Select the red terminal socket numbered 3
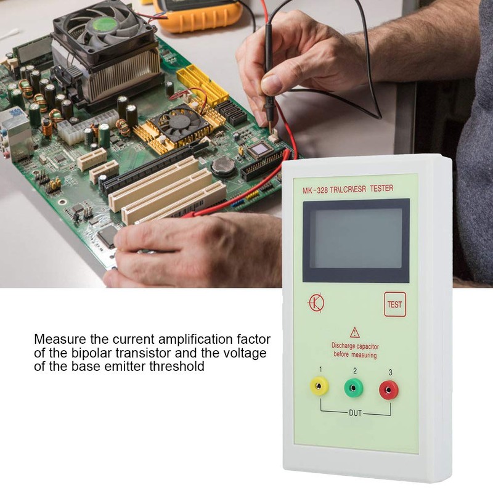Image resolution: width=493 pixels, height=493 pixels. (x=389, y=389)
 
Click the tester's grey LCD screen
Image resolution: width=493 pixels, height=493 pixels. (x=356, y=238)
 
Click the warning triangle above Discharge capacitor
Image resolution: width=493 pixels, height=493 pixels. (x=354, y=332)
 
